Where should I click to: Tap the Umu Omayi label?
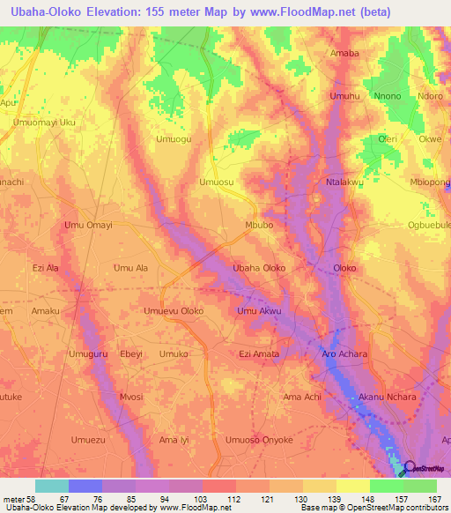tap(89, 226)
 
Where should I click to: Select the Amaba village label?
tap(344, 53)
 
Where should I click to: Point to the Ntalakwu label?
tap(344, 182)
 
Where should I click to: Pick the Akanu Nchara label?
tap(387, 397)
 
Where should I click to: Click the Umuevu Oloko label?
tap(174, 311)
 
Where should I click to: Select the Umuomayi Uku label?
tap(44, 123)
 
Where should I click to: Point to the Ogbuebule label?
tap(428, 225)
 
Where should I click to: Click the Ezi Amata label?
tap(259, 353)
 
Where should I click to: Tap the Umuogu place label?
tap(174, 139)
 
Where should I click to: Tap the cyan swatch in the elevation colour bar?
tap(51, 486)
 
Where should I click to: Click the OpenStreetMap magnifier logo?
tap(410, 468)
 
